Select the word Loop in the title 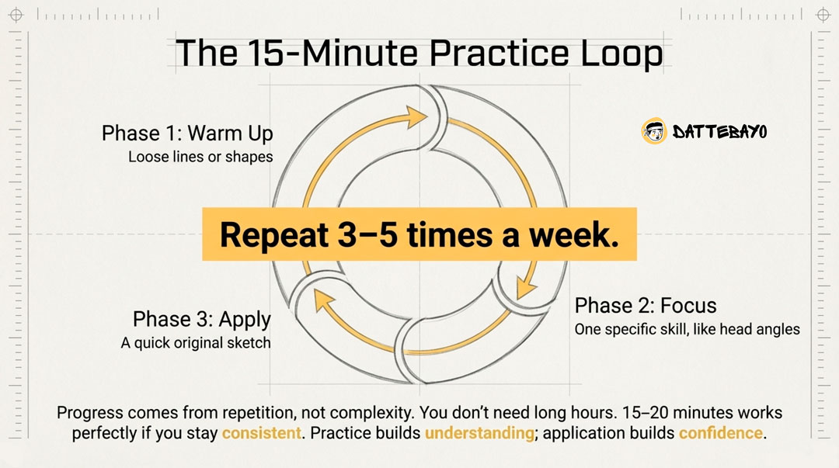[625, 54]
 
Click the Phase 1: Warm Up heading [187, 133]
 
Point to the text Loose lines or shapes [200, 157]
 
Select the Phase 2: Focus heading [645, 305]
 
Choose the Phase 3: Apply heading [201, 319]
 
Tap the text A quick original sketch [196, 342]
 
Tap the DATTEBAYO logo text [719, 132]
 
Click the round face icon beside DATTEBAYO [654, 132]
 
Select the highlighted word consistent [261, 433]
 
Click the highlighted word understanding [479, 433]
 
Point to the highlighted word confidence [720, 433]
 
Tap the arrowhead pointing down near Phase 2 [526, 287]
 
